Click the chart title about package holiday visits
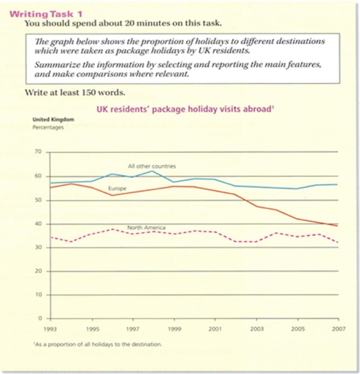point(185,110)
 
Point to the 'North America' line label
point(146,229)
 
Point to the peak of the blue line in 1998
point(152,171)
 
